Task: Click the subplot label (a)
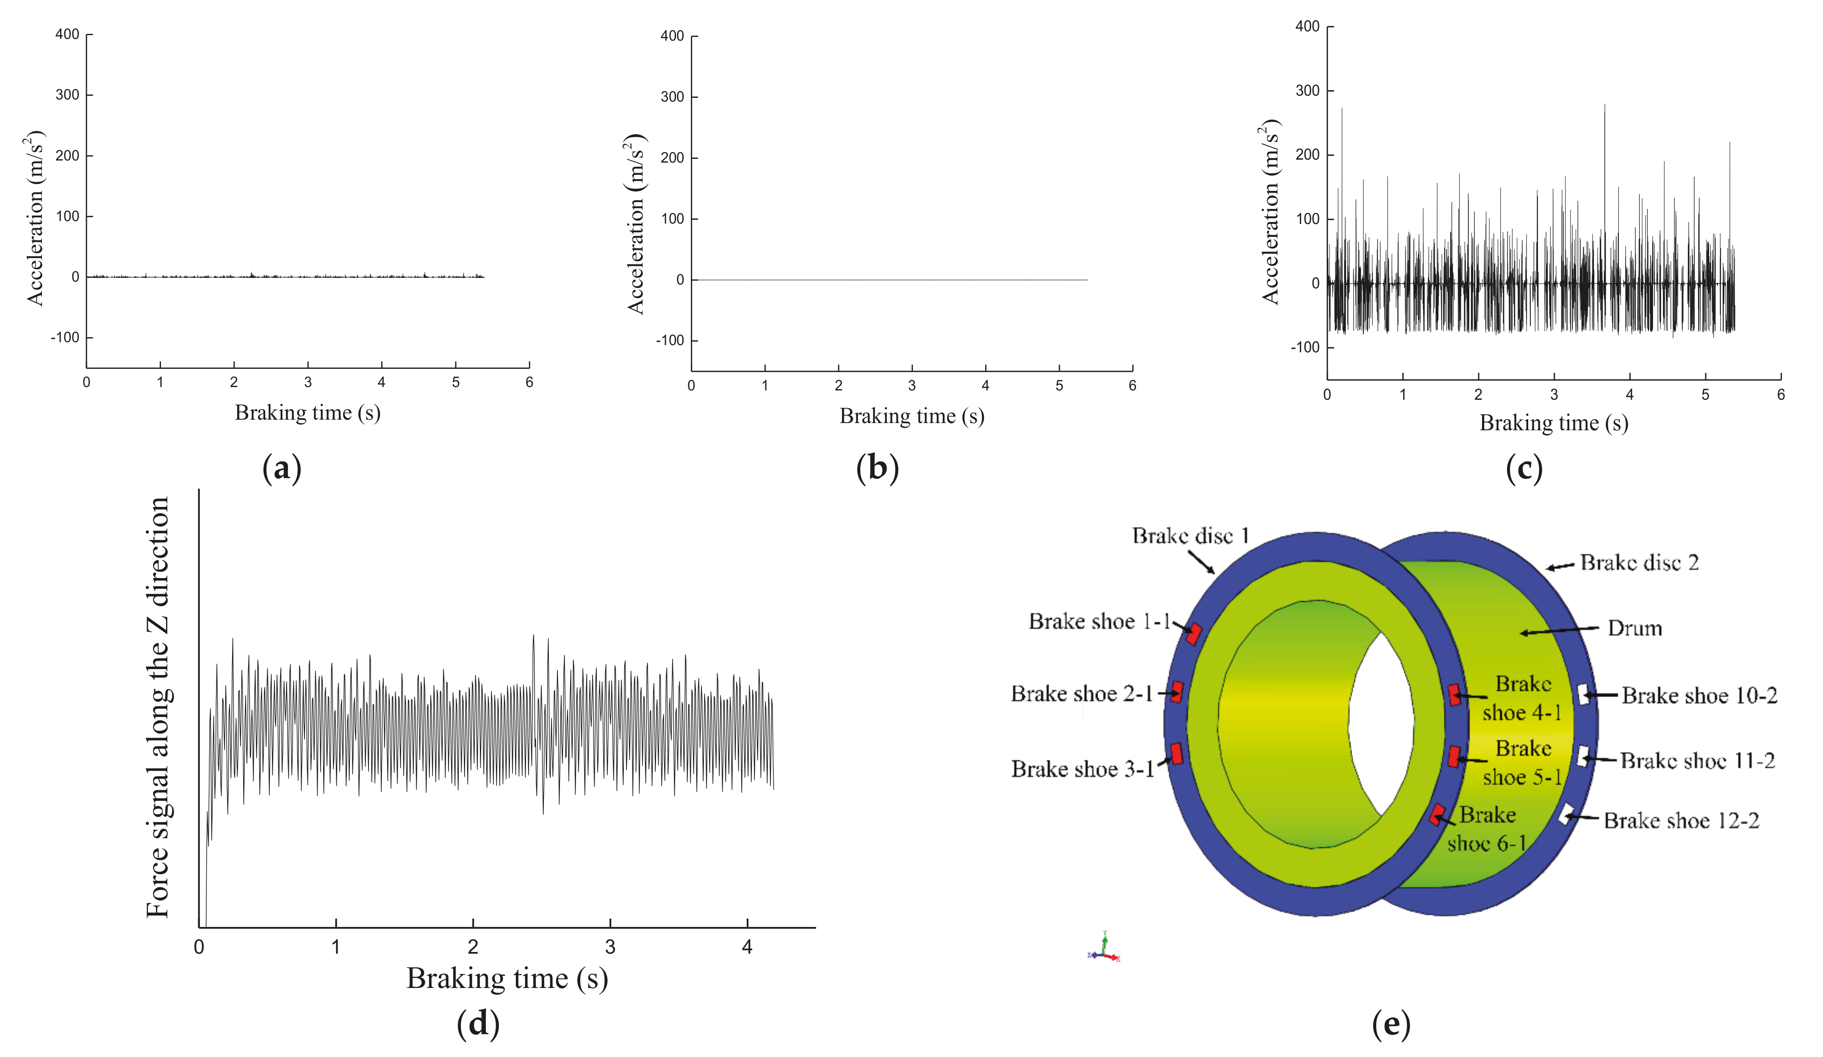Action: [x=281, y=469]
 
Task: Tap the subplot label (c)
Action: [x=1524, y=469]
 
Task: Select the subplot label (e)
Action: [x=1391, y=1024]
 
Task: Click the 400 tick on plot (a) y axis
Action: [x=67, y=35]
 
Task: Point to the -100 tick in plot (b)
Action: [x=670, y=341]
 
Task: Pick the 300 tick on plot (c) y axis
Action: [x=1308, y=91]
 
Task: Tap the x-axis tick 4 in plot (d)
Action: [x=747, y=947]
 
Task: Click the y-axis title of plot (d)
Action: [x=158, y=707]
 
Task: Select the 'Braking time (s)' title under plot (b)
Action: [x=911, y=416]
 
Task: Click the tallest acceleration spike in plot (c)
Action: [x=1604, y=105]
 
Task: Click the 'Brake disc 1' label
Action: [x=1190, y=536]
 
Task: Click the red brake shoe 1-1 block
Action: [x=1194, y=634]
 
